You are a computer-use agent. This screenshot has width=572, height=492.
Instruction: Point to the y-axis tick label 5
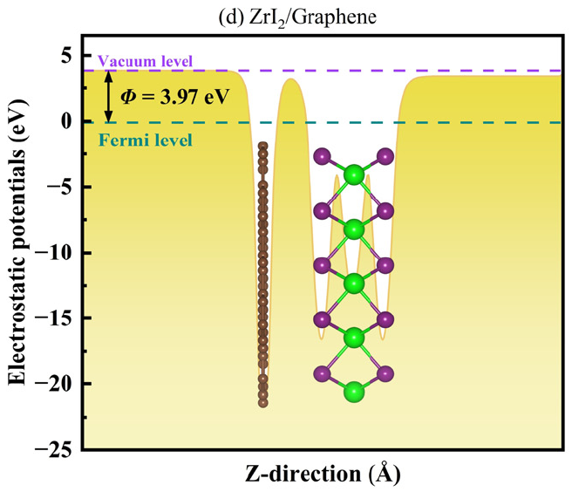[x=67, y=56]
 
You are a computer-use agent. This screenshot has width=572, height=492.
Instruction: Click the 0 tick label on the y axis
[x=67, y=121]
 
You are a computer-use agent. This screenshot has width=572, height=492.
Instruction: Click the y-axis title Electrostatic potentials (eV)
[x=17, y=243]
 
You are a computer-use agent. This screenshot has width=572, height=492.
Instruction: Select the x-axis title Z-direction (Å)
[x=323, y=474]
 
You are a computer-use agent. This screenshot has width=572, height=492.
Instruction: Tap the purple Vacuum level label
[x=145, y=61]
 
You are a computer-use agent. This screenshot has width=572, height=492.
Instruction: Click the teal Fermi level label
[x=146, y=140]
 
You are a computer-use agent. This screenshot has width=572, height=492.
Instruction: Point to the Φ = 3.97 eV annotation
[x=174, y=97]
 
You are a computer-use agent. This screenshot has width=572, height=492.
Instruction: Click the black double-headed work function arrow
[x=108, y=96]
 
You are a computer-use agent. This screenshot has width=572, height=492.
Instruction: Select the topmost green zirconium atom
[x=354, y=174]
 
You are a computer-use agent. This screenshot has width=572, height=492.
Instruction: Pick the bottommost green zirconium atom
[x=354, y=392]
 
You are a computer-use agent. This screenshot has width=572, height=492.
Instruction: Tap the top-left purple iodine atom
[x=322, y=157]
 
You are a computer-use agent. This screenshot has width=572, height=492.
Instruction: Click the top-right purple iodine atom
[x=385, y=157]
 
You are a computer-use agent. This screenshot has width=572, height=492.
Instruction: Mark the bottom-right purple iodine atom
[x=385, y=374]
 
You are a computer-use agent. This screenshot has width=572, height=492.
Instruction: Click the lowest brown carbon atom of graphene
[x=263, y=403]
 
